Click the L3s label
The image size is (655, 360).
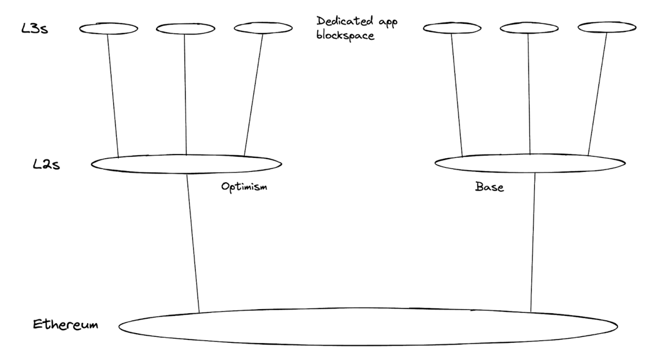34,29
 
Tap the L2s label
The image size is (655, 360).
46,164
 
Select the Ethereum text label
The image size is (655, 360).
65,325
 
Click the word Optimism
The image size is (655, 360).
244,187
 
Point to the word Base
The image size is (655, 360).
490,187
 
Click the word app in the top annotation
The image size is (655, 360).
388,22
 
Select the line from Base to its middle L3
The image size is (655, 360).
529,94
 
